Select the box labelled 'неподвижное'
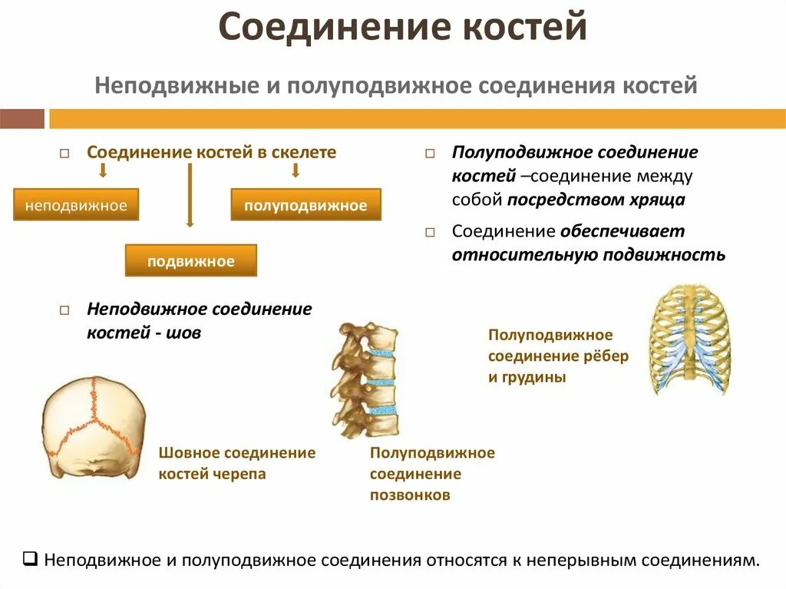pyautogui.click(x=75, y=205)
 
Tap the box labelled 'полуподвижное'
pyautogui.click(x=305, y=206)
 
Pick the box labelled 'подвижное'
pyautogui.click(x=191, y=261)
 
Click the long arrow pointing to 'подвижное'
pyautogui.click(x=190, y=196)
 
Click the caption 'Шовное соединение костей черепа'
pyautogui.click(x=236, y=463)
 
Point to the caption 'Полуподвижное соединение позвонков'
pyautogui.click(x=432, y=474)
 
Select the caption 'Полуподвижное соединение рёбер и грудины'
pyautogui.click(x=558, y=356)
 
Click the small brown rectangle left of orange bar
pyautogui.click(x=21, y=119)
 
